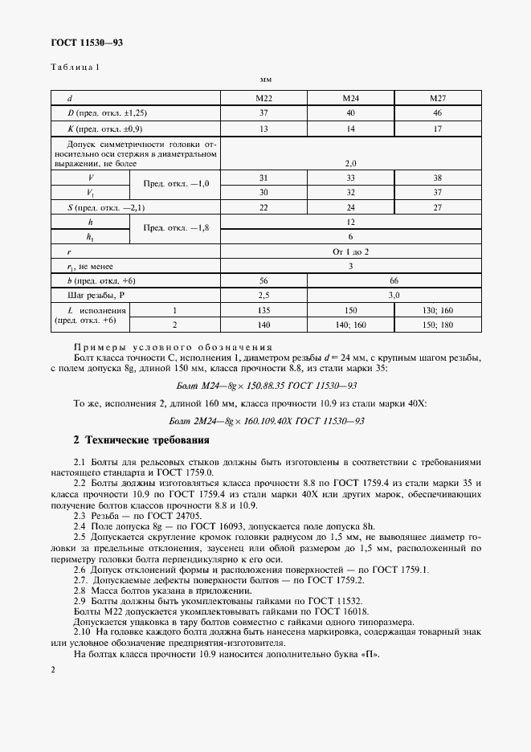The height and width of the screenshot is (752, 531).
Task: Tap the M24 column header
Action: pos(350,98)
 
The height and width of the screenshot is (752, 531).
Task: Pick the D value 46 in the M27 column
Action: pos(437,113)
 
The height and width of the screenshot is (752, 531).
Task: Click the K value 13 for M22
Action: pos(263,129)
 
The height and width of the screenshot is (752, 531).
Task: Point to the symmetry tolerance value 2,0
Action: pos(350,163)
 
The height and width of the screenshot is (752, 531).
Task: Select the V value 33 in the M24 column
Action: pos(350,178)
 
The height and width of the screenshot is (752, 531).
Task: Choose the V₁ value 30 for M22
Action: pos(263,193)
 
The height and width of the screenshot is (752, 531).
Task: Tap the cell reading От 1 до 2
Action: pos(350,251)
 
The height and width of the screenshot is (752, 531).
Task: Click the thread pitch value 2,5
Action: pos(263,295)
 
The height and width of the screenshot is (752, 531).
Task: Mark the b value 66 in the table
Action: pos(394,280)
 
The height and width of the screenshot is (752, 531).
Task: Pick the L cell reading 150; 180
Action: pos(437,325)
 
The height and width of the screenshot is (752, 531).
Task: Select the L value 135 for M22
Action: pos(263,310)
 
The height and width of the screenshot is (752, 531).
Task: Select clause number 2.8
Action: pos(80,590)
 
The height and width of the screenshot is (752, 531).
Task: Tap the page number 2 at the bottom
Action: pos(52,668)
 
